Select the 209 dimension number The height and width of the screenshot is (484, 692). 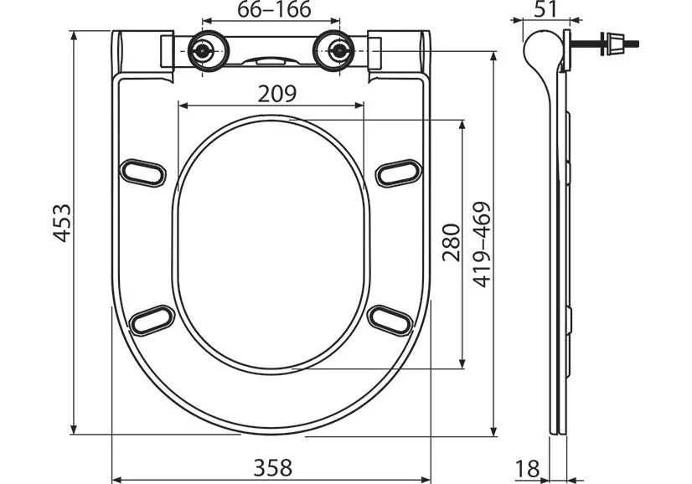[276, 94]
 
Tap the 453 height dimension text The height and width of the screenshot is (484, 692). [60, 224]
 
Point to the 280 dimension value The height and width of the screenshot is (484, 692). [451, 243]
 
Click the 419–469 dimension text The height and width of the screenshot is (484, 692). [481, 244]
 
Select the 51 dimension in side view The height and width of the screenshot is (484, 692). [546, 10]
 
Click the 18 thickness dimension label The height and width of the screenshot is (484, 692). [526, 468]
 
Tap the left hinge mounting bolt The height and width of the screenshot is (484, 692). [202, 51]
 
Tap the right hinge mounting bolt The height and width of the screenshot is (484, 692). [338, 51]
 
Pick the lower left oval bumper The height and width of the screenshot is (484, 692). [153, 320]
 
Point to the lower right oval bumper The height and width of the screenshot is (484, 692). [390, 319]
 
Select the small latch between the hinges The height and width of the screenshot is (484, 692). [270, 60]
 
